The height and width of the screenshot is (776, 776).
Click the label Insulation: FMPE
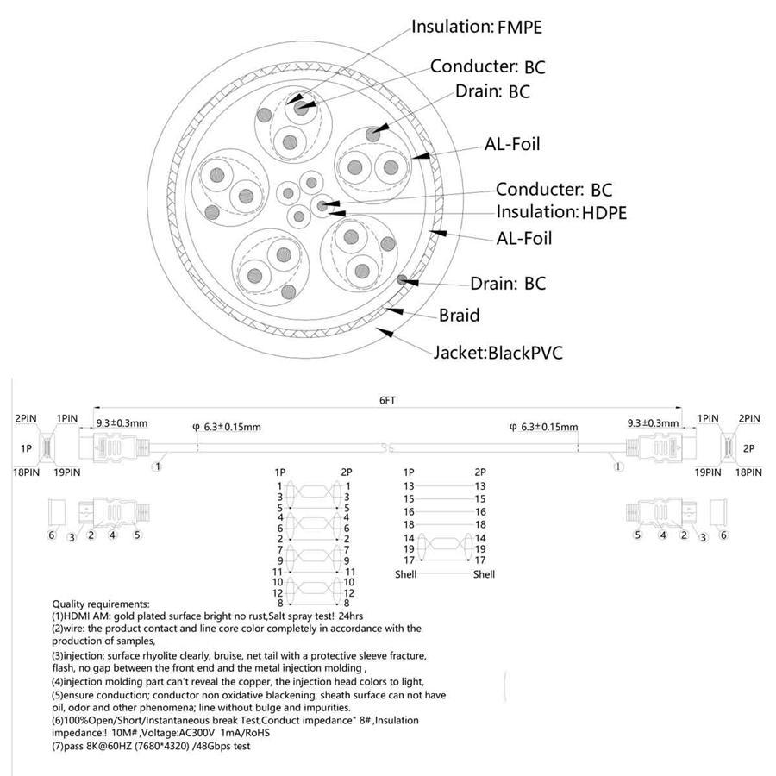pos(476,27)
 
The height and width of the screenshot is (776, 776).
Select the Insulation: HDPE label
pos(560,212)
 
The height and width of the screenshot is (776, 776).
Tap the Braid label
pos(459,316)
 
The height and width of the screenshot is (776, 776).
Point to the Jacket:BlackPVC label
pos(498,352)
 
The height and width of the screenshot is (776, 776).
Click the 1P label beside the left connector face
pos(28,449)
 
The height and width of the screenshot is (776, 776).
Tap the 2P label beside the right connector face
pos(748,449)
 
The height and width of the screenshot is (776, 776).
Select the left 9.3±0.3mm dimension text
pos(121,422)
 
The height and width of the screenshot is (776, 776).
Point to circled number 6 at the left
pos(52,535)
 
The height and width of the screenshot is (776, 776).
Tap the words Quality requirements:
pos(101,604)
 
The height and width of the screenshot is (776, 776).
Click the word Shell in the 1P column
pos(406,574)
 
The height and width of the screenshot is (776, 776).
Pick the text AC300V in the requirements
pos(190,734)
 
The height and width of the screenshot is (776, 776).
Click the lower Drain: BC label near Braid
pos(507,284)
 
